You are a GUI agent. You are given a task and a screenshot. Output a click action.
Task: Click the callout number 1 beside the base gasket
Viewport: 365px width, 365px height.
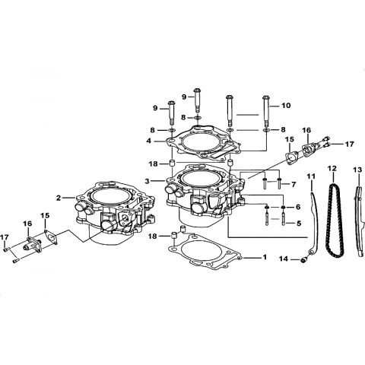tap(265, 257)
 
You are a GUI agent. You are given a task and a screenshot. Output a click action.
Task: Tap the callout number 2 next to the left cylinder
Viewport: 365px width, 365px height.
tap(59, 198)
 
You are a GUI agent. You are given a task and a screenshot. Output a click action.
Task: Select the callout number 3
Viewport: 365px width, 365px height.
tap(147, 181)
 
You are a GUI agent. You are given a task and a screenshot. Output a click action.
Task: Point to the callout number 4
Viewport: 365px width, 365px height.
tap(148, 141)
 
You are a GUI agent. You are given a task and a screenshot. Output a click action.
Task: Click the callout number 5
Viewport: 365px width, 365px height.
tap(299, 224)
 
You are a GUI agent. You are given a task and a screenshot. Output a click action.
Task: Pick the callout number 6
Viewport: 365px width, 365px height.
tap(298, 207)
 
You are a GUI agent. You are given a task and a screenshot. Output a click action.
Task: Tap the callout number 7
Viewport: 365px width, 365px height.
tap(294, 184)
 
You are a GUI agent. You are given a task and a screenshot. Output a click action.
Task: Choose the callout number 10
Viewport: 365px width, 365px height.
tap(286, 105)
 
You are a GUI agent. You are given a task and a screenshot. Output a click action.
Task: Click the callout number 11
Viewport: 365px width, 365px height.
tap(311, 176)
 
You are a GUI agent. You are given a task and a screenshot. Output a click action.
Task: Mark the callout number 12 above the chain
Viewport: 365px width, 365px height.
tap(332, 168)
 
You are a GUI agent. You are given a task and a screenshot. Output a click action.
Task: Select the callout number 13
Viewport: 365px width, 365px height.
tap(357, 170)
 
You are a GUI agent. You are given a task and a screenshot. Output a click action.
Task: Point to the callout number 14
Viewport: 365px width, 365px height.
tap(284, 259)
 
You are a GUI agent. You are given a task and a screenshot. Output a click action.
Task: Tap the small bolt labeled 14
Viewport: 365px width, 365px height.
tap(303, 260)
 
